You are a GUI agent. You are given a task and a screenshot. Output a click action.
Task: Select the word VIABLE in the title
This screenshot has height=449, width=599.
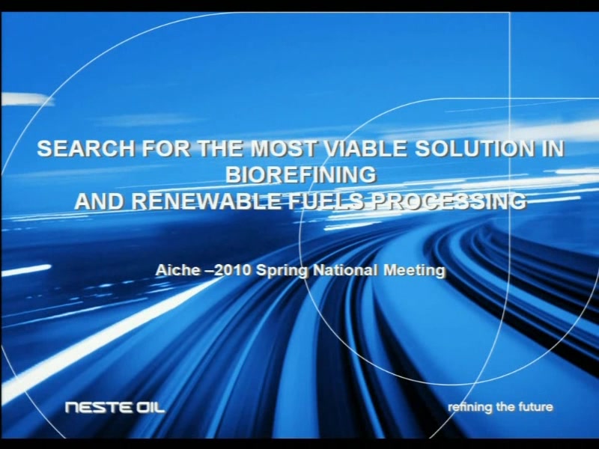[365, 148]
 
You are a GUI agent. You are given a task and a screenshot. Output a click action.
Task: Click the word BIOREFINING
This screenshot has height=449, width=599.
[301, 175]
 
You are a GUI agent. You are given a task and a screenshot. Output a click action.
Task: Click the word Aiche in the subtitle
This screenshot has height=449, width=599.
[177, 270]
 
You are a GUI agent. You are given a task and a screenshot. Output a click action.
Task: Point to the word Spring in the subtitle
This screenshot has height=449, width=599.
[282, 271]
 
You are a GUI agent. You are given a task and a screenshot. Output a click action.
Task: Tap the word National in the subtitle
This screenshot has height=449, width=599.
[345, 270]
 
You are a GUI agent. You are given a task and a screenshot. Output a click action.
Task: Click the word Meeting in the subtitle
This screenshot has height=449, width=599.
[414, 271]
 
